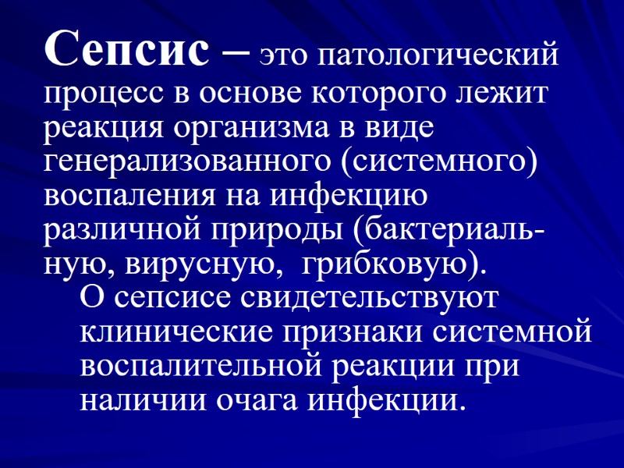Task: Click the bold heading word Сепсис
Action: click(126, 51)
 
